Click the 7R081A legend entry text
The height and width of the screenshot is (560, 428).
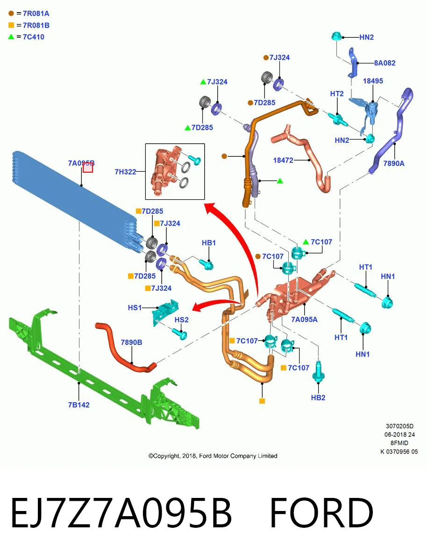(36, 14)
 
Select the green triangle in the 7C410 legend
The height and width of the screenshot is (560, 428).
(11, 37)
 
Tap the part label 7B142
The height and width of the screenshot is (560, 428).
(78, 405)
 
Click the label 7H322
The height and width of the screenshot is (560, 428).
(125, 172)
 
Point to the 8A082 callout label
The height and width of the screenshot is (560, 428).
(385, 63)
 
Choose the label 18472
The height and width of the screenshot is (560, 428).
(283, 160)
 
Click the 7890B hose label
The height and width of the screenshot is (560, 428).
(131, 343)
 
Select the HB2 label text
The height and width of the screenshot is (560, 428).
(318, 398)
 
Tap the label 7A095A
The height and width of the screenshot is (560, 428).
(304, 319)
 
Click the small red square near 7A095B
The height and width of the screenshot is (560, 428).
(87, 168)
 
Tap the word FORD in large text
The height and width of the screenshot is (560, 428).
(321, 512)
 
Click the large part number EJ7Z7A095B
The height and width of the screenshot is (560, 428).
(121, 512)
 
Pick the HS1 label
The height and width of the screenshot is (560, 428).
(135, 308)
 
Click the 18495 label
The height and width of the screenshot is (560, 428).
(373, 81)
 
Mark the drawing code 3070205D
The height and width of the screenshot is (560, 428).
(399, 426)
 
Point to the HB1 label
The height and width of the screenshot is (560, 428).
(209, 243)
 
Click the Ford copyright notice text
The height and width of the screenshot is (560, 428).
(213, 456)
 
